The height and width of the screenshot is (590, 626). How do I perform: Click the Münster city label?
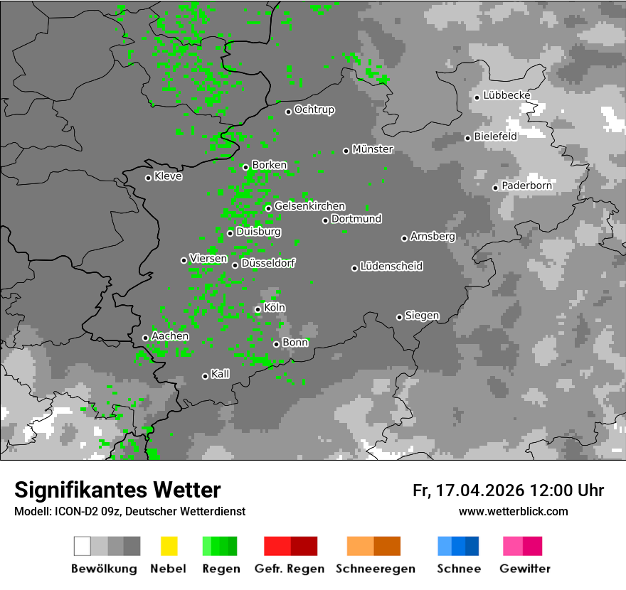(x=373, y=149)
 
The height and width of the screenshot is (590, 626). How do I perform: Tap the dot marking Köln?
(x=258, y=309)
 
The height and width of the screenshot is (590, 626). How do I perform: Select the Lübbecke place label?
(x=507, y=95)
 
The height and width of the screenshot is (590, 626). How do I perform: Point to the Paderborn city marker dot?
(x=496, y=188)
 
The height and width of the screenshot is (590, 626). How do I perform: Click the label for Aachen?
(x=170, y=336)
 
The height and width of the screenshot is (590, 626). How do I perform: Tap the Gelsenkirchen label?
(x=309, y=206)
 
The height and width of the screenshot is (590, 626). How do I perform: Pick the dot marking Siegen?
(x=399, y=317)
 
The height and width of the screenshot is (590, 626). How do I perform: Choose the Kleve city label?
(x=168, y=176)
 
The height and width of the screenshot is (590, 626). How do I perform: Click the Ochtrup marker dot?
(x=288, y=111)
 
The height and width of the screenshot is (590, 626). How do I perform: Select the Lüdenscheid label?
(x=391, y=266)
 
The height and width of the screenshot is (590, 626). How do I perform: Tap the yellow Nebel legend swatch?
(x=169, y=546)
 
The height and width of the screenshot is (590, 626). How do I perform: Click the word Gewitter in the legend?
(x=525, y=569)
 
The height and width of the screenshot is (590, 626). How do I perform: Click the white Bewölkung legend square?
(x=82, y=546)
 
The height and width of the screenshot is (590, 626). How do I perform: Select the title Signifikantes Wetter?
(x=117, y=490)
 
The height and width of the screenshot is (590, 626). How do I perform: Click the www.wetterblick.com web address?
(x=514, y=511)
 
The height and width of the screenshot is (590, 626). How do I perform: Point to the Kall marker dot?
(x=205, y=376)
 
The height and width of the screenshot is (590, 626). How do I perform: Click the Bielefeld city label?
(x=496, y=136)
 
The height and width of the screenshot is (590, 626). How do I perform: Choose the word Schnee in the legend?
(x=458, y=569)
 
